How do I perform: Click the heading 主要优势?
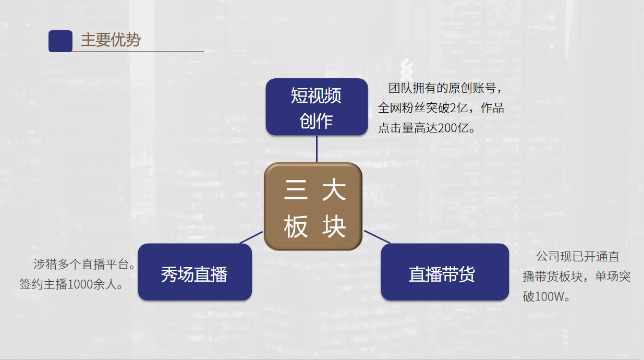click(111, 40)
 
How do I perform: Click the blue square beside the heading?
click(60, 41)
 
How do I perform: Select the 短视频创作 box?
click(317, 107)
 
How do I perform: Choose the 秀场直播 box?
click(195, 272)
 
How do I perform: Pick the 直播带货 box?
click(444, 272)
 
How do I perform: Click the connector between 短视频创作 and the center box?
click(317, 149)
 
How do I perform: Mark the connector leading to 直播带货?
click(376, 237)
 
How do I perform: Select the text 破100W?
click(546, 297)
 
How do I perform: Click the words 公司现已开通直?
click(578, 257)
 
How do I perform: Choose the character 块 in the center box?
click(334, 227)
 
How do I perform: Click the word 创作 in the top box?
click(316, 121)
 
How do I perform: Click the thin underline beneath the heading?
click(141, 52)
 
